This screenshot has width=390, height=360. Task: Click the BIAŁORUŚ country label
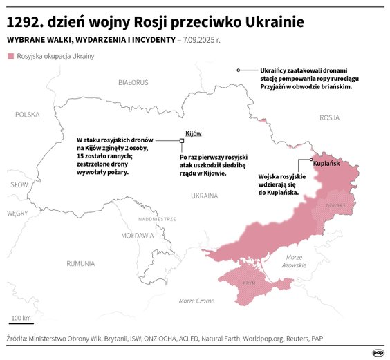(x=133, y=82)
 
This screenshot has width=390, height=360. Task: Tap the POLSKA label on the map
(x=28, y=115)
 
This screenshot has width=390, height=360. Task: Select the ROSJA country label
(x=329, y=117)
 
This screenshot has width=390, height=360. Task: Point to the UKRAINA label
(x=204, y=196)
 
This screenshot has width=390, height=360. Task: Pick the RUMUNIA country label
(x=81, y=263)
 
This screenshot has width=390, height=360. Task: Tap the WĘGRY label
(x=17, y=214)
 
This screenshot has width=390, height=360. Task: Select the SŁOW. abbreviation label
(x=19, y=185)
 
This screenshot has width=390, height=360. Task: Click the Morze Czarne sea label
(x=196, y=301)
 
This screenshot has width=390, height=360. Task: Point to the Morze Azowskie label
(x=295, y=261)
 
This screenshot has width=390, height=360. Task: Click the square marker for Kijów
(x=182, y=140)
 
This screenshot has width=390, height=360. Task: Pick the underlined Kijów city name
(x=193, y=133)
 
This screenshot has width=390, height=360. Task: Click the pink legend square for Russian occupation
(x=10, y=56)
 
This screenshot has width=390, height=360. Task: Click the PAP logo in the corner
(x=378, y=352)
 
